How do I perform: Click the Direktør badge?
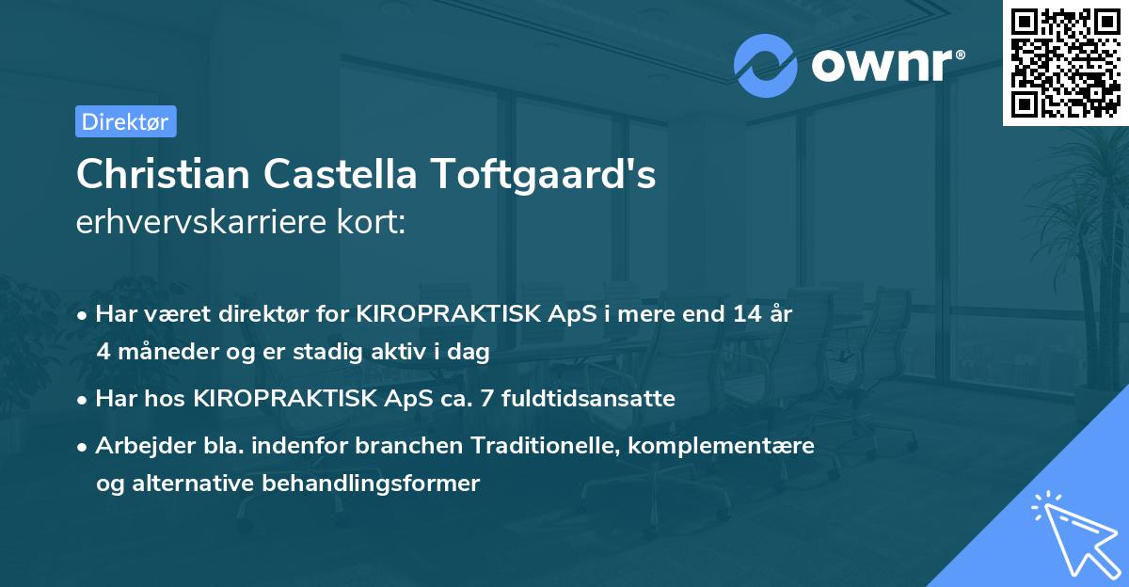point(125,121)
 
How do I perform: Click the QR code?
point(1065,62)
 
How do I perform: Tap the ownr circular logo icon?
point(765,65)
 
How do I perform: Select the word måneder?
point(161,352)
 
